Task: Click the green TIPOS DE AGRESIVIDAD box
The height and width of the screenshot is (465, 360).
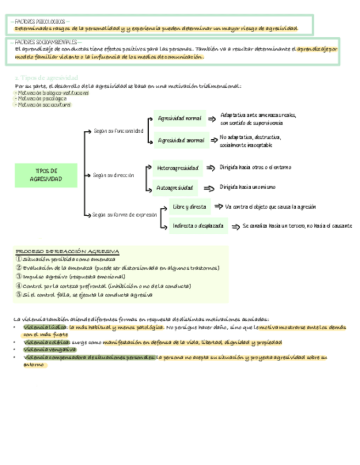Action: click(46, 175)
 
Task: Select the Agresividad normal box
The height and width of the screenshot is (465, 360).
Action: click(179, 118)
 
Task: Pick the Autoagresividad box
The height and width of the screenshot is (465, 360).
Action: click(175, 188)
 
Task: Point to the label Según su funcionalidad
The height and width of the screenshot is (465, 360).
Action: click(118, 131)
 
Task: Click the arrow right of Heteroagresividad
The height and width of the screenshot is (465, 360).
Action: click(210, 167)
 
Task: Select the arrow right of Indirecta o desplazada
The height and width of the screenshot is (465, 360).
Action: click(235, 226)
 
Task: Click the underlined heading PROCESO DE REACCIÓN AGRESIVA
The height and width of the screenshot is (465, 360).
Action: click(67, 251)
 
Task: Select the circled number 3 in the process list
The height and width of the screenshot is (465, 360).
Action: click(19, 277)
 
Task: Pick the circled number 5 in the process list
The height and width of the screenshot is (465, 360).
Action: click(19, 294)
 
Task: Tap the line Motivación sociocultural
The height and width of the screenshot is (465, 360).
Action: click(44, 105)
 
